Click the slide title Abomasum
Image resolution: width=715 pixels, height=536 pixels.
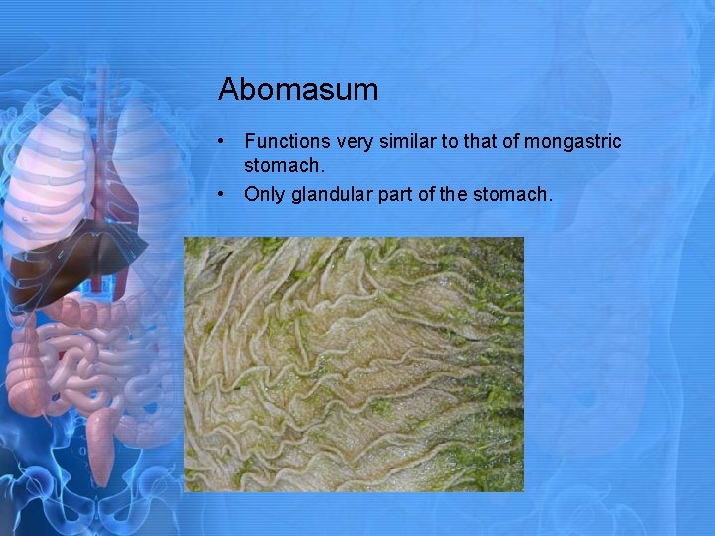298,90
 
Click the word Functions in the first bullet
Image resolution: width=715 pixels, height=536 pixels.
287,142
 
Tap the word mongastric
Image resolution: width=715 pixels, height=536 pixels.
573,142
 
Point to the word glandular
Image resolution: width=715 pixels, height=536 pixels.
333,194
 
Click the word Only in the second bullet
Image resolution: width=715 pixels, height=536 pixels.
264,194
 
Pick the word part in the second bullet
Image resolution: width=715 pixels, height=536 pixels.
400,194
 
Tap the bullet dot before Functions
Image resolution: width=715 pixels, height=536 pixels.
227,142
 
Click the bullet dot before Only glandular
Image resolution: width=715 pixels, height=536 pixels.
227,194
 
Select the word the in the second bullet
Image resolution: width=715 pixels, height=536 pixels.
458,194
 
